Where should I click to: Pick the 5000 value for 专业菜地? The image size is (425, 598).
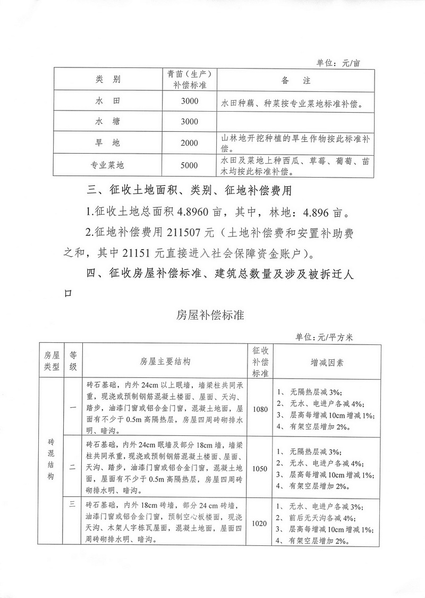(x=189, y=165)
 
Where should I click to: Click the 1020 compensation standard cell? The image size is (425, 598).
(x=260, y=524)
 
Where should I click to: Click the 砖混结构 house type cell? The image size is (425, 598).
(x=51, y=460)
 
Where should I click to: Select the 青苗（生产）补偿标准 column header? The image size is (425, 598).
(x=189, y=80)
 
